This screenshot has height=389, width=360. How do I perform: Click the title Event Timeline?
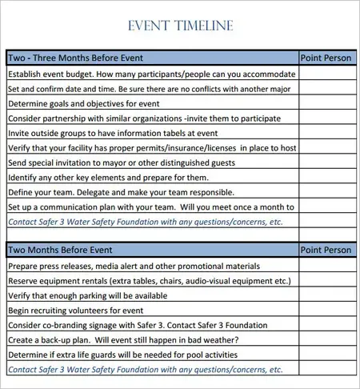click(x=180, y=26)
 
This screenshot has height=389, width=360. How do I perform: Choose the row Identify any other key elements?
click(x=108, y=178)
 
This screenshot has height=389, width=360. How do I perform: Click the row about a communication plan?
click(x=151, y=207)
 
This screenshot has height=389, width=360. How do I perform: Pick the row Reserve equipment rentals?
click(x=148, y=281)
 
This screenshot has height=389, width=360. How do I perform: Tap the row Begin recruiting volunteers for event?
click(x=75, y=310)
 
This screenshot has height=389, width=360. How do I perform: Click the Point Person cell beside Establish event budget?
click(x=326, y=74)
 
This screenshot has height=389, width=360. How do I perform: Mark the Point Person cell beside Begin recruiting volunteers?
click(x=326, y=310)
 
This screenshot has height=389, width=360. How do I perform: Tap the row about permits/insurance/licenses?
click(x=151, y=148)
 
